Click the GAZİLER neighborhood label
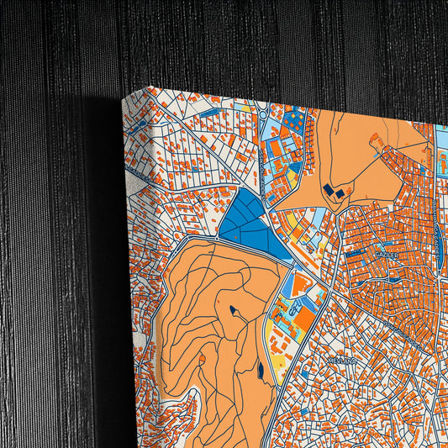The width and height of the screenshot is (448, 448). [384, 252]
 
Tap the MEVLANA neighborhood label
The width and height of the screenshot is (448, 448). [343, 358]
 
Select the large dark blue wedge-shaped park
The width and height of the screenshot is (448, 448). [248, 223]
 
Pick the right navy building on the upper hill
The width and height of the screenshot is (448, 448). [339, 193]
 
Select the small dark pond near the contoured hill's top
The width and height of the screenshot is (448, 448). [231, 311]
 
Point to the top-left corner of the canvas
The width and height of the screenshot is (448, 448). [149, 87]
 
